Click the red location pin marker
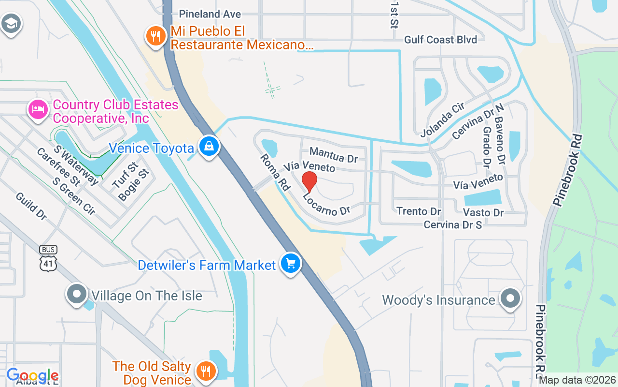pyautogui.click(x=309, y=182)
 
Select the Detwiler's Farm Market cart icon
pyautogui.click(x=290, y=264)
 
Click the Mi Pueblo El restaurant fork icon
pyautogui.click(x=155, y=36)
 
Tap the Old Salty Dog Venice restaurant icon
pyautogui.click(x=206, y=372)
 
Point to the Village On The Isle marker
pyautogui.click(x=76, y=294)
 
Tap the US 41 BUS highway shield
pyautogui.click(x=49, y=258)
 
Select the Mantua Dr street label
pyautogui.click(x=333, y=155)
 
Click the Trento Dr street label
pyautogui.click(x=419, y=211)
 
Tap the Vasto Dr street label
pyautogui.click(x=483, y=212)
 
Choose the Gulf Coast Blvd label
pyautogui.click(x=440, y=39)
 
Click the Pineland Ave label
pyautogui.click(x=210, y=14)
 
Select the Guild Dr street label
pyautogui.click(x=31, y=206)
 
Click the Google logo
pyautogui.click(x=32, y=375)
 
